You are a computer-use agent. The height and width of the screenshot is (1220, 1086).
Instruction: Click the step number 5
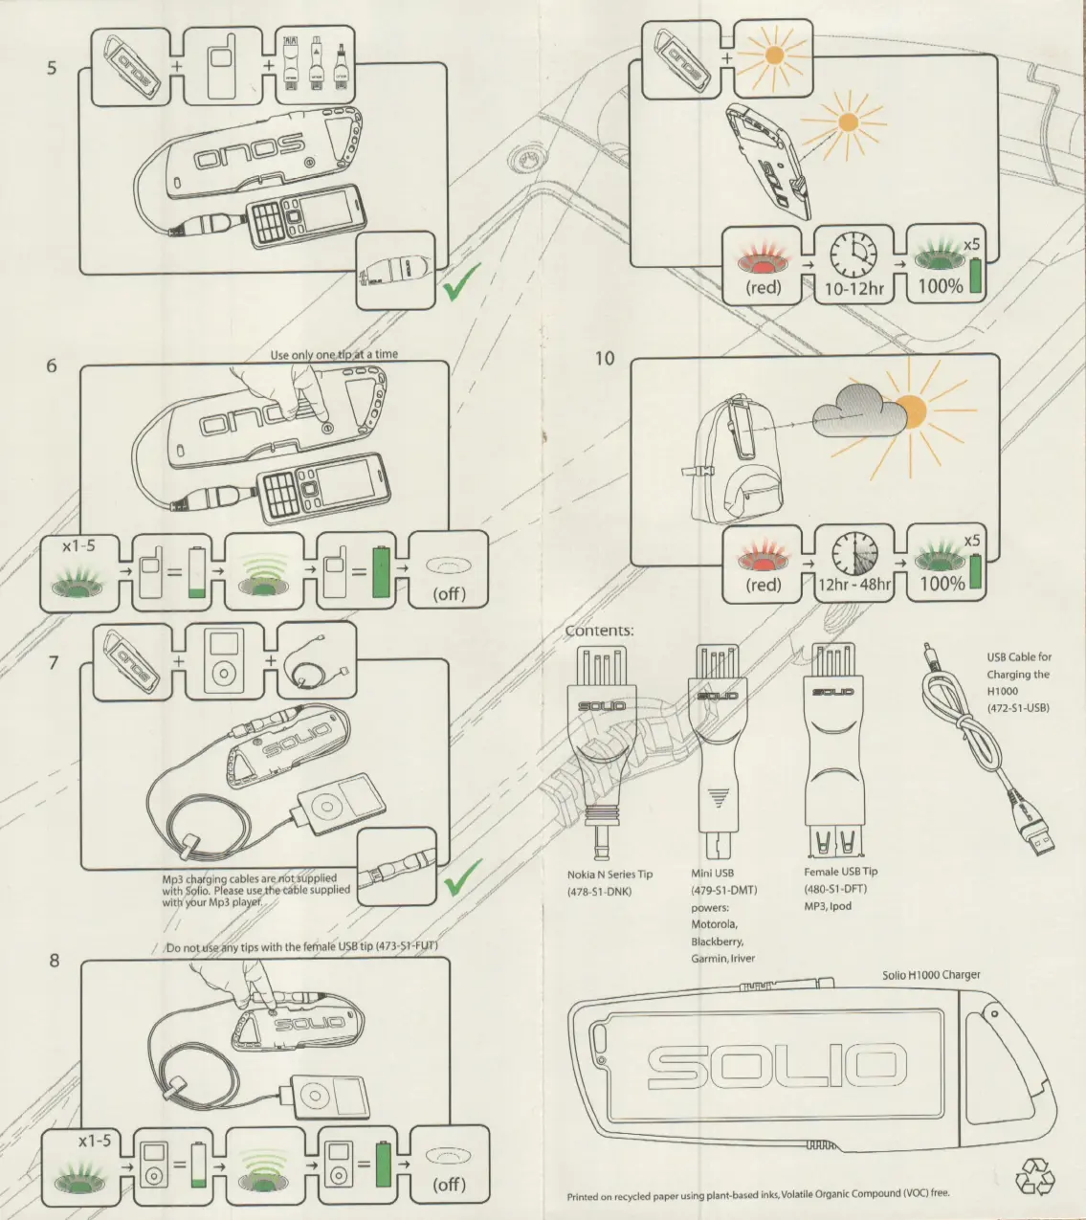(52, 68)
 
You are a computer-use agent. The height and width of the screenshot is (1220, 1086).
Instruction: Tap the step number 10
(605, 359)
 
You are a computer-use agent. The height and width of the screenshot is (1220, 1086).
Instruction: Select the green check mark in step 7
(462, 876)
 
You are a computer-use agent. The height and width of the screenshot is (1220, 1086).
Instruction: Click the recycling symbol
(1035, 1177)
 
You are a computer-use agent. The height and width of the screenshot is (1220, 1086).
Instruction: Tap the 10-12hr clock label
(854, 286)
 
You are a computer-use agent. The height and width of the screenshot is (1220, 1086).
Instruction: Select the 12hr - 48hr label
(853, 584)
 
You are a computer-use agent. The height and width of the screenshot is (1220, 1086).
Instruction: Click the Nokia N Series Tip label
(609, 875)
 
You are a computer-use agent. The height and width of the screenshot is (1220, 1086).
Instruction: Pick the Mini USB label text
(712, 873)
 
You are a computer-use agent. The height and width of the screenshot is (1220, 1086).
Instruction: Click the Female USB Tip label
(840, 872)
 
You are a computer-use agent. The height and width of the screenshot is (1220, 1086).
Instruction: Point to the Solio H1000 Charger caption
(931, 975)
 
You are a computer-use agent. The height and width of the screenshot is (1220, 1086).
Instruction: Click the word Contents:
(599, 631)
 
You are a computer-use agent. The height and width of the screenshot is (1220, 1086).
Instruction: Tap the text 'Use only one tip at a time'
(334, 354)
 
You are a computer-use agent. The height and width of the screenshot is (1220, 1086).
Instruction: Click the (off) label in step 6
(449, 593)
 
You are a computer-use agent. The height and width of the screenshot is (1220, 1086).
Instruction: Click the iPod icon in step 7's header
(222, 661)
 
